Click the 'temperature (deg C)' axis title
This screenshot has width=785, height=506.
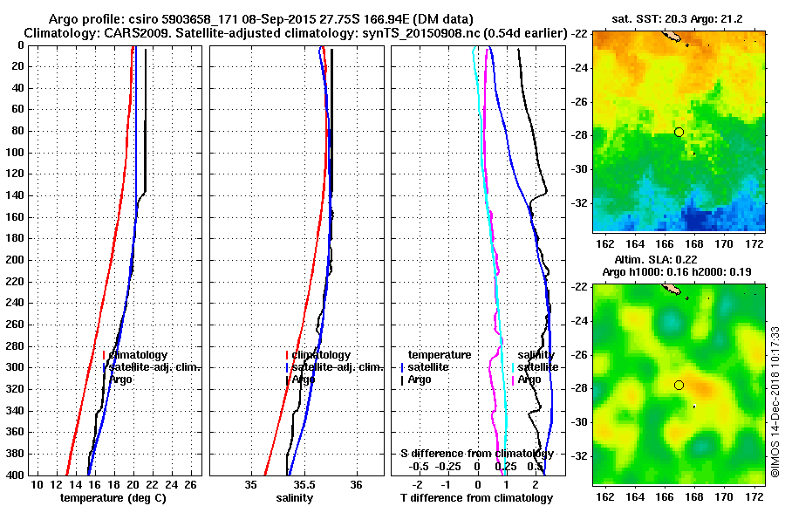point(113,498)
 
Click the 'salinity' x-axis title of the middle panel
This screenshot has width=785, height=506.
point(294,498)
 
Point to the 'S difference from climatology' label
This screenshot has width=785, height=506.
point(476,454)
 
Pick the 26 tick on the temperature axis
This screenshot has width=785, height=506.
point(195,484)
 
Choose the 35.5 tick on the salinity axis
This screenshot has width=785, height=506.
point(304,484)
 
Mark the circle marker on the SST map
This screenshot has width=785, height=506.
point(679,132)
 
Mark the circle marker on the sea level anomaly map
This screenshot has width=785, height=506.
point(679,385)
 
